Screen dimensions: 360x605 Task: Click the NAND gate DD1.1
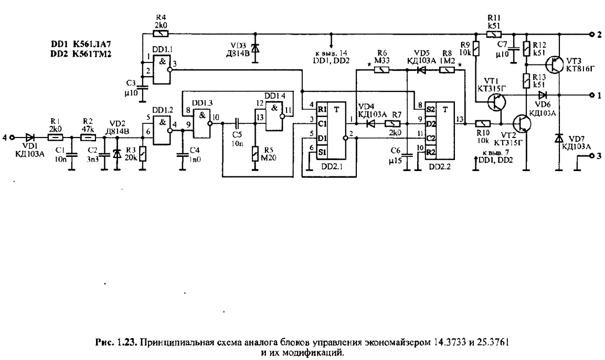161,70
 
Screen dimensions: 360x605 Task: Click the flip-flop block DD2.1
330,136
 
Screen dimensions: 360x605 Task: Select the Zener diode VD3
256,48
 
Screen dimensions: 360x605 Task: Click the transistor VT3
553,65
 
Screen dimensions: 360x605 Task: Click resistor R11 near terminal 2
494,34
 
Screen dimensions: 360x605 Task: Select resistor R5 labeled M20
256,153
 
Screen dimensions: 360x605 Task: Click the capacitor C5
237,124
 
